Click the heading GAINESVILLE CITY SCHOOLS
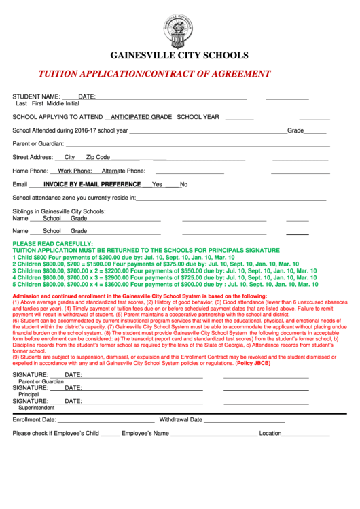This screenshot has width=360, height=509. coord(180,56)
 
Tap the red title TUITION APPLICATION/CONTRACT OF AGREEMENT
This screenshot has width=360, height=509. coord(154,74)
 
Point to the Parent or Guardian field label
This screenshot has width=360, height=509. coord(38,143)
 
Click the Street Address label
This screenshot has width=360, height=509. coord(33,157)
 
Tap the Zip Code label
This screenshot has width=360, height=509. coord(98,157)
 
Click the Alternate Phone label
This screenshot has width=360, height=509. coord(124,171)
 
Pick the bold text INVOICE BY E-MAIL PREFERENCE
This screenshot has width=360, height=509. coord(92,184)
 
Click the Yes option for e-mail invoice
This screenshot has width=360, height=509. coord(157,184)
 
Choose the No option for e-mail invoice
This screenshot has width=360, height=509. coord(183,184)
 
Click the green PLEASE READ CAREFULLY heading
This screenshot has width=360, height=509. coord(52,243)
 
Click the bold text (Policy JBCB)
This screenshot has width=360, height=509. coord(253,364)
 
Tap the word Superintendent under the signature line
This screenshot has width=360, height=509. coord(37,408)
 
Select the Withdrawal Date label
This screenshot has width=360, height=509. coord(181,420)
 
